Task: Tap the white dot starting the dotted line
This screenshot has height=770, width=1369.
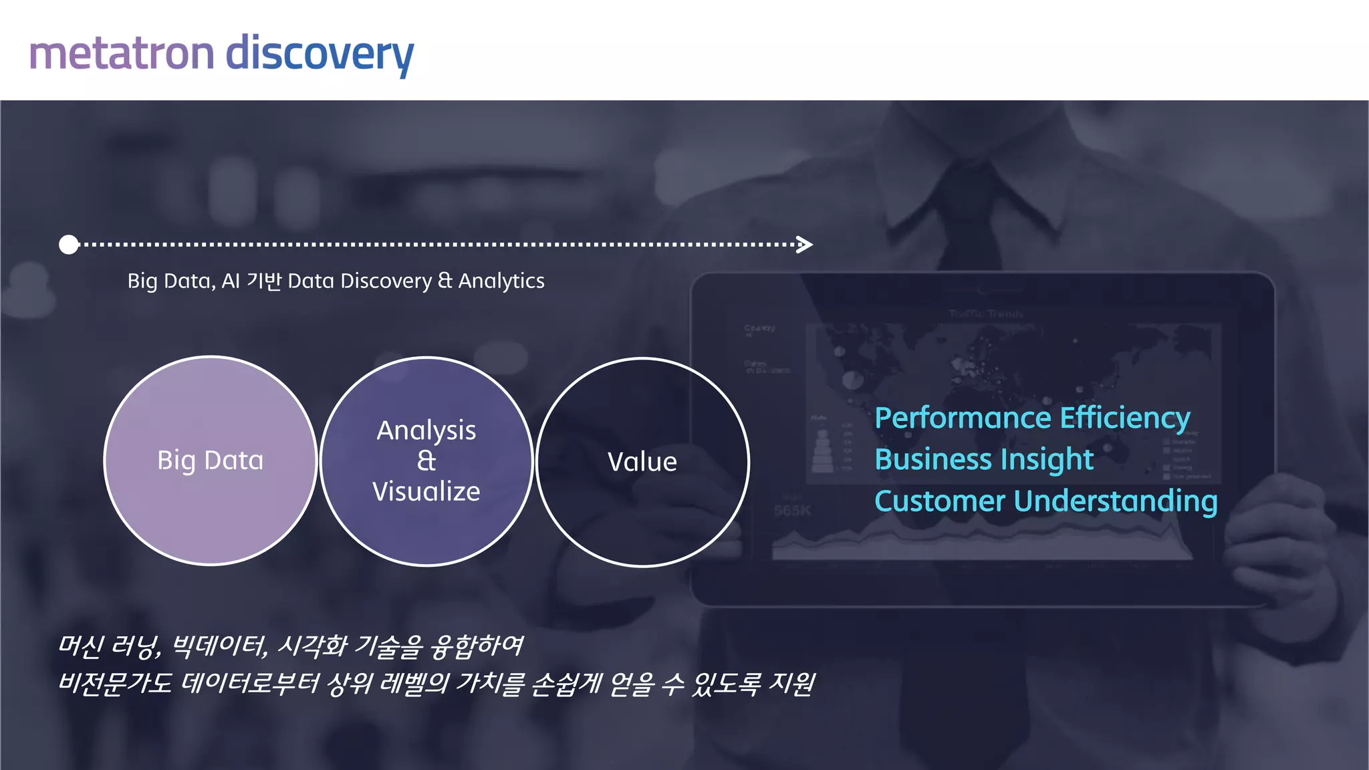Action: tap(69, 245)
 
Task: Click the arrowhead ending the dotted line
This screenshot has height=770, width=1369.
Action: tap(805, 245)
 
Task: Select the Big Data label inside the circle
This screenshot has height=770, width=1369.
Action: tap(210, 461)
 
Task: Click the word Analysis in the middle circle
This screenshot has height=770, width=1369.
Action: tap(426, 431)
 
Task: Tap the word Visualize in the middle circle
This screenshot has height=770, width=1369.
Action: tap(426, 491)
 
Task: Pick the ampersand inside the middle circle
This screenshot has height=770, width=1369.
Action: tap(426, 461)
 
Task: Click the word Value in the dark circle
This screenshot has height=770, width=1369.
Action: tap(642, 462)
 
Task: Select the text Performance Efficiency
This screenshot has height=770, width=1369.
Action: tap(1032, 418)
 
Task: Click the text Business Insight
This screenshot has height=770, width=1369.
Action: tap(983, 460)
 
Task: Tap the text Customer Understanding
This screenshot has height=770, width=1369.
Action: tap(1045, 501)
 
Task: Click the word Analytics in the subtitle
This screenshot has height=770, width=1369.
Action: tap(501, 281)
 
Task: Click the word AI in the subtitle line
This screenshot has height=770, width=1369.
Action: tap(231, 281)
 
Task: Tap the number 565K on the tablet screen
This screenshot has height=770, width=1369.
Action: tap(792, 511)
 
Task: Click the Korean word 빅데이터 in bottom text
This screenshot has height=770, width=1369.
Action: tap(219, 645)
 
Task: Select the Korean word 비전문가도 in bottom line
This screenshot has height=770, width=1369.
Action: tap(115, 683)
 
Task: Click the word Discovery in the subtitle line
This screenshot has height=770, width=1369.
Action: tap(386, 281)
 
